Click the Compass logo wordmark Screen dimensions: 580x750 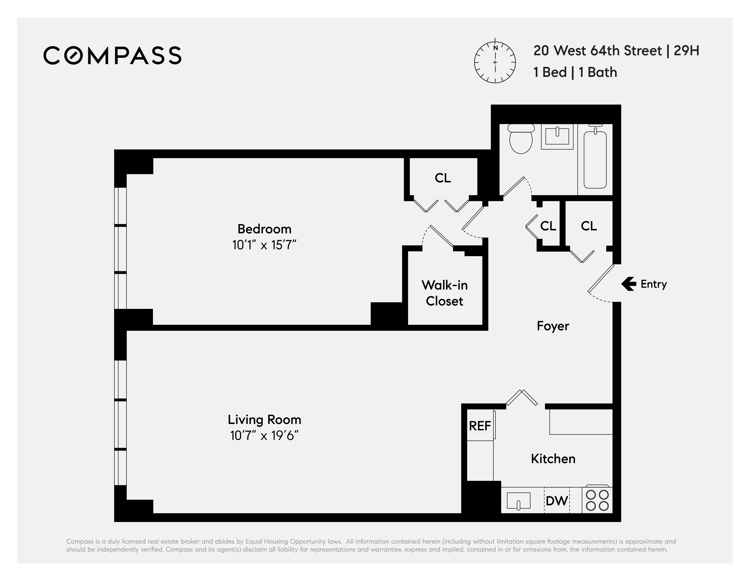pos(112,55)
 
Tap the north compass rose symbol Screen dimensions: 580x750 pos(495,62)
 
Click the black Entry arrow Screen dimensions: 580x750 pos(628,284)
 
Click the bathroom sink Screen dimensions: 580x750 pos(557,136)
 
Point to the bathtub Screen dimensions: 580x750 pos(595,159)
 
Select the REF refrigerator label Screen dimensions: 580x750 pos(480,426)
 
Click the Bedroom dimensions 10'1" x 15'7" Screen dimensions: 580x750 pos(264,245)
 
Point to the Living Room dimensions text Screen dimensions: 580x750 pos(264,436)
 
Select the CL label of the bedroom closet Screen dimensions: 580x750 pos(443,178)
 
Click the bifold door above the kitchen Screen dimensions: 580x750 pos(522,398)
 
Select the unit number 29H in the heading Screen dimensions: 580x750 pos(686,51)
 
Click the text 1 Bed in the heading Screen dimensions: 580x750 pos(550,73)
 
